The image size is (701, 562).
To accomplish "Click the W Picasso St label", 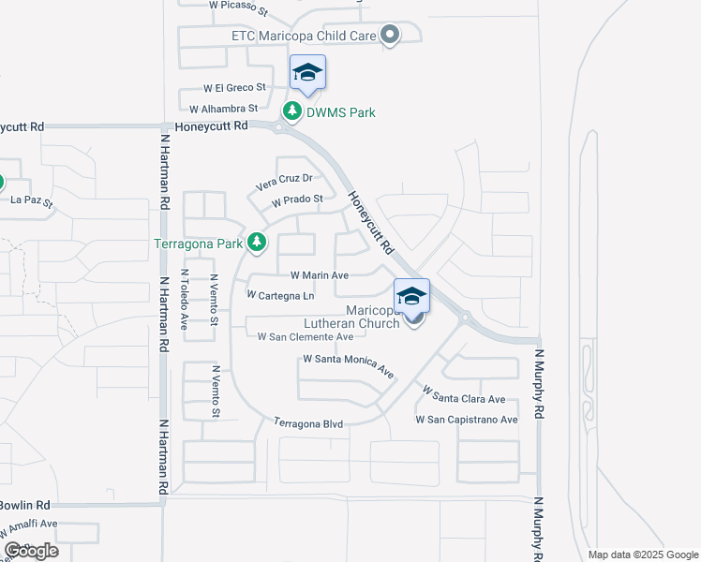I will point(239,5).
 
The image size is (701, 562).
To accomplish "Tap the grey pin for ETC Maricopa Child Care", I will point(391,37).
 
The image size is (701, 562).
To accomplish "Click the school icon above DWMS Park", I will point(307,73).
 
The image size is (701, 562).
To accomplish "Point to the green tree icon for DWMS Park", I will point(292,112).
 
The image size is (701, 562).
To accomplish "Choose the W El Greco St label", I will point(227,88).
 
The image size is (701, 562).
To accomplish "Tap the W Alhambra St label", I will point(224,109).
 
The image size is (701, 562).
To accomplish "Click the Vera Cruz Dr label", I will point(284,178).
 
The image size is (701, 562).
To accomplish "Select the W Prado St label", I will point(297,200).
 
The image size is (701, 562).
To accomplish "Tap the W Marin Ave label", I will point(320,275).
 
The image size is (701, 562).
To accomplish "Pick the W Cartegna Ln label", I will point(280,295).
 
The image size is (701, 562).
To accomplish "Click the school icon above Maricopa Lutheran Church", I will point(411,296).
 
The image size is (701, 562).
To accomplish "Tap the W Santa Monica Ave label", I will point(348,364).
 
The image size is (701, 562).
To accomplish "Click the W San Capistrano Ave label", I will point(467,420).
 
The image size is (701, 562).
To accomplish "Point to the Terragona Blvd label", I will point(308,423).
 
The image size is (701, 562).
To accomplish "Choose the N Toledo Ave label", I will point(186,303).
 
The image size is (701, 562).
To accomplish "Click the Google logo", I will point(31,551).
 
